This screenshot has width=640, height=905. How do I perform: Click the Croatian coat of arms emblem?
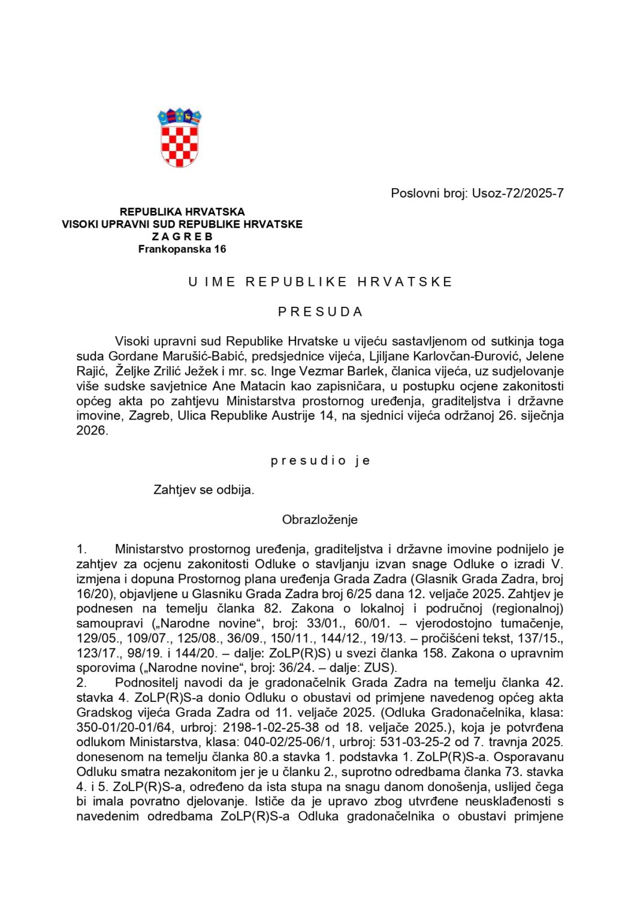click(x=179, y=138)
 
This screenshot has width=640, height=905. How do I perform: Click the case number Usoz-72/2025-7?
click(x=517, y=193)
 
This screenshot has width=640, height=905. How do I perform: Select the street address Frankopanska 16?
click(x=182, y=249)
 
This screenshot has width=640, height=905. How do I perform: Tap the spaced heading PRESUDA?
click(x=320, y=312)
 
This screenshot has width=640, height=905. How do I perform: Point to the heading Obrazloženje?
click(x=319, y=520)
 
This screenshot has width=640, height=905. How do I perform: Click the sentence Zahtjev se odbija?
click(x=204, y=490)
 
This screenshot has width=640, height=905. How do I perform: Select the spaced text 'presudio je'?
click(x=320, y=460)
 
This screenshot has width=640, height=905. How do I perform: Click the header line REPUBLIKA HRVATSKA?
click(x=182, y=212)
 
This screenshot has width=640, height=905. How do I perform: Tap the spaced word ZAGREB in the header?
click(x=182, y=237)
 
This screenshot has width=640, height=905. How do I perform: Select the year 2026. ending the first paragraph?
click(x=92, y=430)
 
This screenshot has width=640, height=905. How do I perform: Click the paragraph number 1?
click(x=81, y=549)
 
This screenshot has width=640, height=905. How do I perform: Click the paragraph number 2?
click(x=81, y=683)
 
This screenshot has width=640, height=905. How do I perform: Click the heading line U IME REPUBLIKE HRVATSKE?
click(x=320, y=282)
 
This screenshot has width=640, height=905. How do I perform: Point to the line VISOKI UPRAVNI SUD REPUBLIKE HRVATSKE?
click(x=182, y=224)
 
